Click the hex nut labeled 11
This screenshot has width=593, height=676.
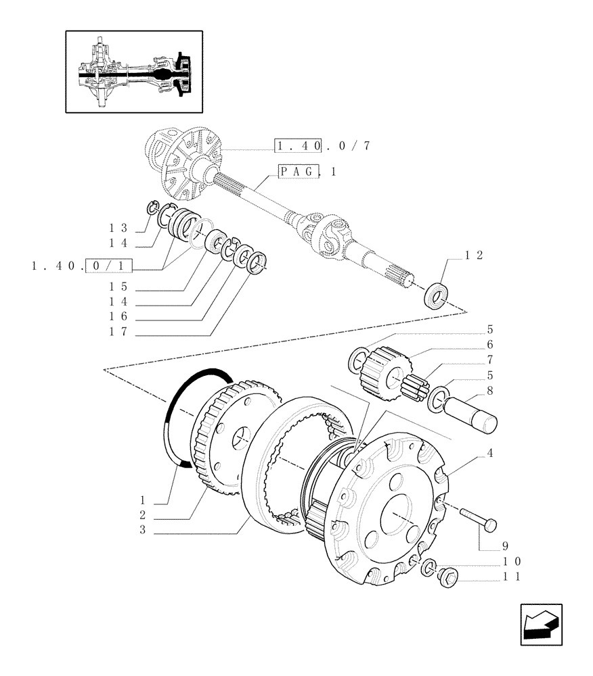449,578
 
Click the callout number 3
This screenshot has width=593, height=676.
143,531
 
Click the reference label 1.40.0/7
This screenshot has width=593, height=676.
322,146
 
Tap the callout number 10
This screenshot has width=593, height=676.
511,562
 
